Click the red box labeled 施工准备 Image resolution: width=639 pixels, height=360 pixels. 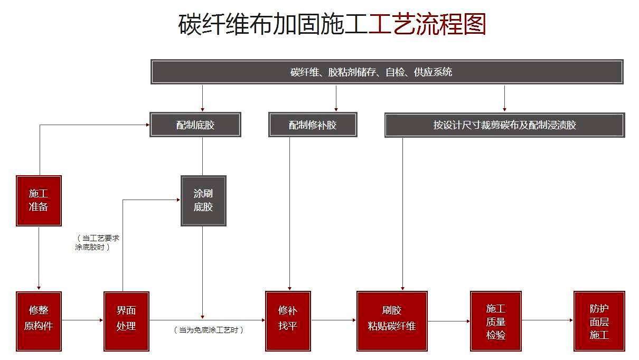[x=39, y=201]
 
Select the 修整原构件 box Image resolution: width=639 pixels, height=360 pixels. [x=39, y=320]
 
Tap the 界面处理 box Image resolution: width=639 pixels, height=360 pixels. [x=126, y=320]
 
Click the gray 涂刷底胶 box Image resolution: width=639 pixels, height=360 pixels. [x=203, y=201]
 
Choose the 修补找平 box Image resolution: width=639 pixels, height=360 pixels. [x=288, y=320]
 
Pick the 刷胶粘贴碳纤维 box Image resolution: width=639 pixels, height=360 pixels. [x=392, y=320]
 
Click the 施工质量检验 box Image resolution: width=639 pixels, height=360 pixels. [x=495, y=320]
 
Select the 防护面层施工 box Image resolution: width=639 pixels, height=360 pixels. [x=599, y=320]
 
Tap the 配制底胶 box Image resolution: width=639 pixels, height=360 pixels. [x=195, y=125]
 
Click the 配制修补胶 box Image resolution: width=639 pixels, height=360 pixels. [x=313, y=125]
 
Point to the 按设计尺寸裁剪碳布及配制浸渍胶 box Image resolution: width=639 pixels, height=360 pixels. [x=504, y=125]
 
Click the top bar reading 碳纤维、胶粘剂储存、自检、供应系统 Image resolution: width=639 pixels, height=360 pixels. [x=387, y=72]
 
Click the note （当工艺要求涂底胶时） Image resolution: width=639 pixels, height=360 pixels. [x=97, y=242]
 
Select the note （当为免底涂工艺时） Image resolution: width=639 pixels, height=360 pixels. [x=209, y=330]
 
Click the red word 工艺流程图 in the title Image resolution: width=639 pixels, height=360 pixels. [x=427, y=24]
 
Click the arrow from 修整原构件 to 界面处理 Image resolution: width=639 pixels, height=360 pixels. [x=82, y=320]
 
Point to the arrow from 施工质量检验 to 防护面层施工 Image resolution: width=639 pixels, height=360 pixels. [x=547, y=320]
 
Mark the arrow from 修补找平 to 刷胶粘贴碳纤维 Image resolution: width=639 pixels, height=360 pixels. [x=334, y=320]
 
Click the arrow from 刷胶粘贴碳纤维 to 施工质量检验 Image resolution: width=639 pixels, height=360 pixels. [x=448, y=320]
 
